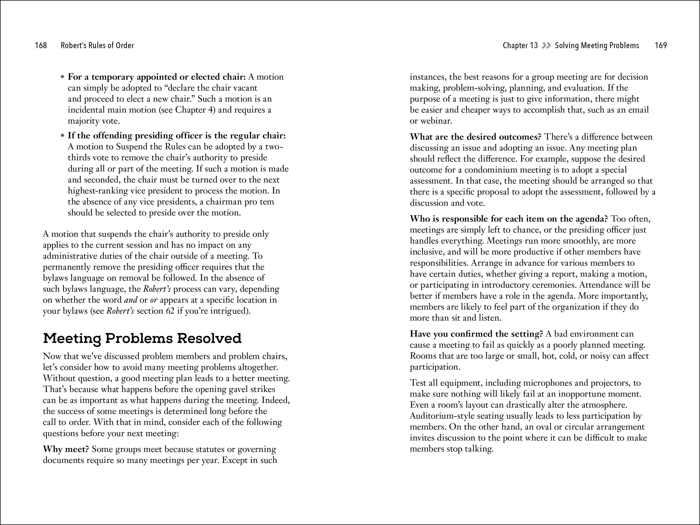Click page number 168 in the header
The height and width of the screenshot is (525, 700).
(x=41, y=46)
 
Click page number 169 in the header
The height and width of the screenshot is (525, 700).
(x=661, y=46)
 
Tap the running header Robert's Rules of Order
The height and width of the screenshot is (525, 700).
(x=97, y=46)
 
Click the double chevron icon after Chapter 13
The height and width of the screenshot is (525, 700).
(x=546, y=46)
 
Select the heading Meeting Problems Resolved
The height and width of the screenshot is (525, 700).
(x=142, y=338)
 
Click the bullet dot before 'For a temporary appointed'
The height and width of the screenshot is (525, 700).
(x=63, y=77)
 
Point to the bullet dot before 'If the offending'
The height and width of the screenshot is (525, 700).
(x=63, y=136)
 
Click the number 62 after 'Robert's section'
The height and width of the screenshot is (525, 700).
(x=170, y=311)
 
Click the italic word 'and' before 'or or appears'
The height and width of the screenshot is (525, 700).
(x=131, y=300)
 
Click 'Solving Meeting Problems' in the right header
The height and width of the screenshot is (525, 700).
(x=597, y=46)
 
